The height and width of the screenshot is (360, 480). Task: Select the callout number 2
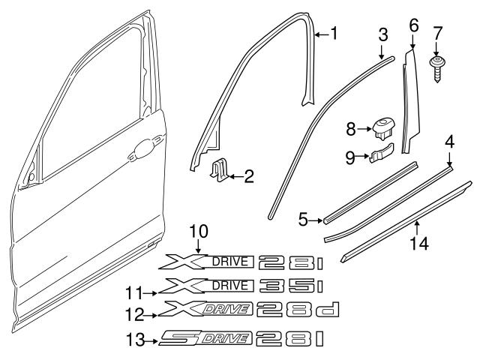click(250, 177)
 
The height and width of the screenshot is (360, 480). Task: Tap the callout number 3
click(382, 34)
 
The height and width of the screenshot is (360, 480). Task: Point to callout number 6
click(413, 25)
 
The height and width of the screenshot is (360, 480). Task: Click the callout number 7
click(439, 32)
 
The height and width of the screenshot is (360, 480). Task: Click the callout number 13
click(136, 340)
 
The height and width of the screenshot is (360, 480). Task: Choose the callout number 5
click(303, 220)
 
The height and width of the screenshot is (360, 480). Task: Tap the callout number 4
click(450, 141)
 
